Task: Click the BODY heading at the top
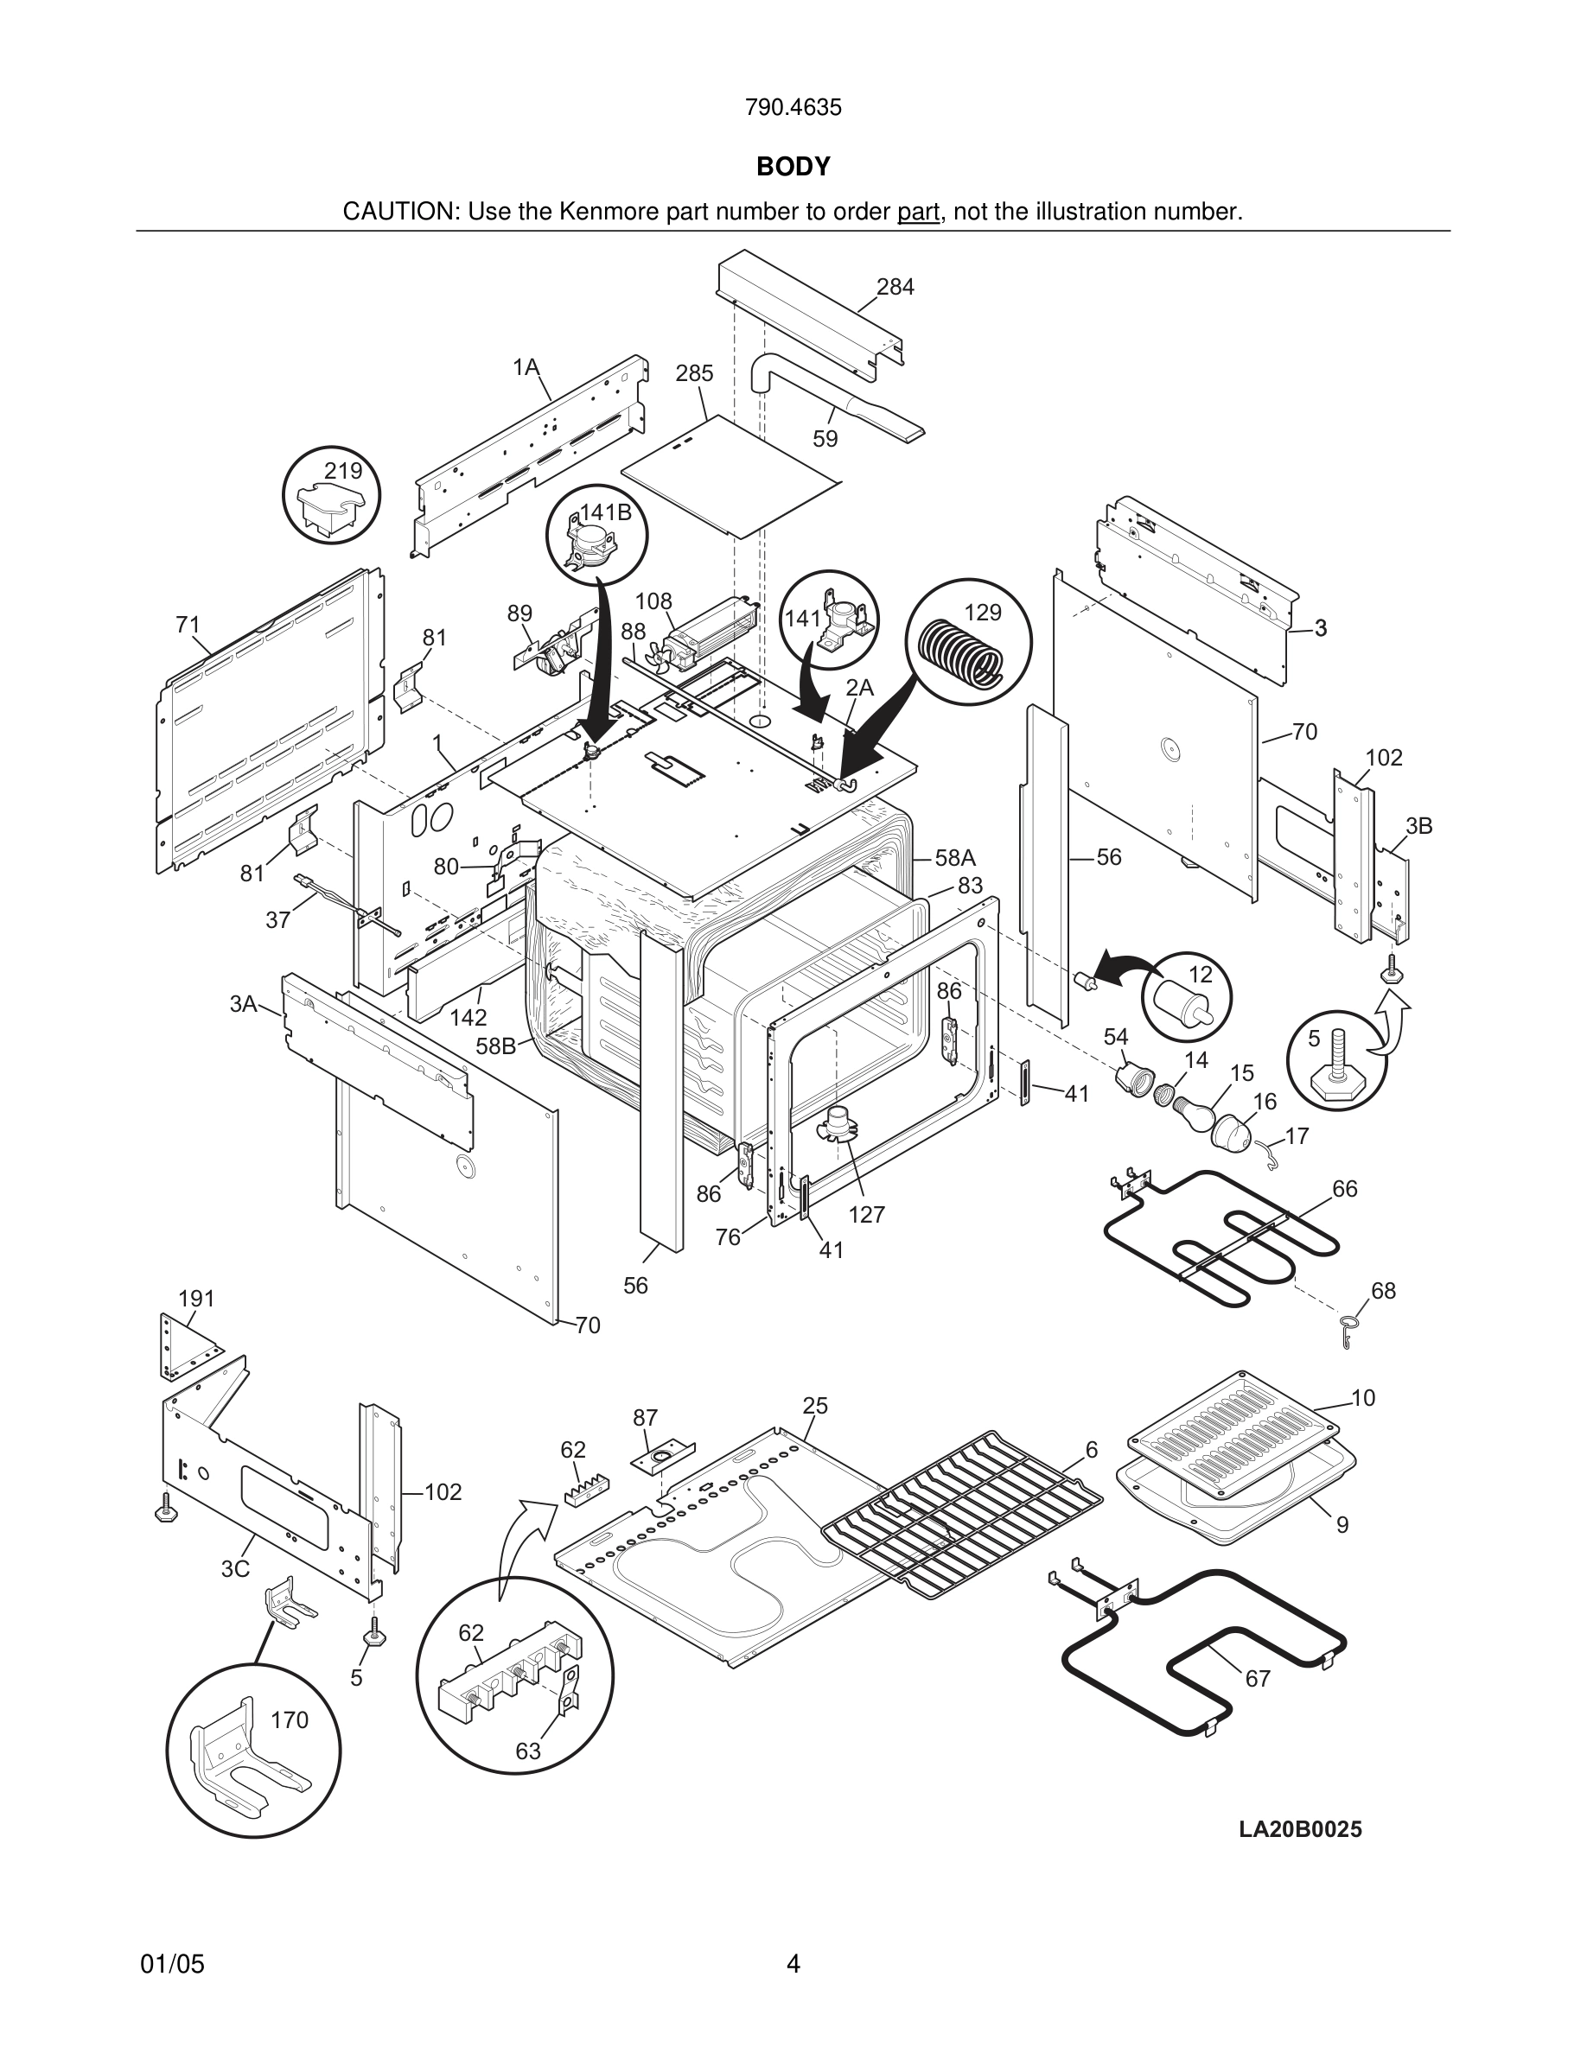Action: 793,167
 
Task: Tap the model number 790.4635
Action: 793,107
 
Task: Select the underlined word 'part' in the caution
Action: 918,212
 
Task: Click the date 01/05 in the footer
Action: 172,1965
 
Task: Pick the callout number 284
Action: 895,287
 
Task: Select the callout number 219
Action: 343,470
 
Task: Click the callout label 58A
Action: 955,857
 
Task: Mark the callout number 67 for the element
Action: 1258,1678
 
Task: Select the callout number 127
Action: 866,1215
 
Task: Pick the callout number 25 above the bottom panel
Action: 815,1405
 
